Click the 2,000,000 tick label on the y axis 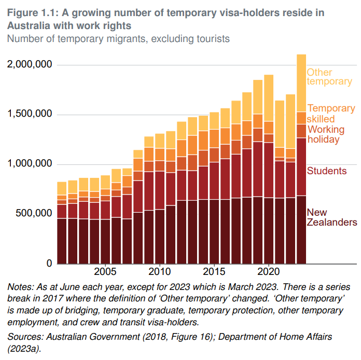[30, 64]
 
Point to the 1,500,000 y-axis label [30, 114]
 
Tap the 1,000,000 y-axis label [30, 164]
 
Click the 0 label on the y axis [49, 264]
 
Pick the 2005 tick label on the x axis [105, 272]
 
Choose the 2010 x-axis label [159, 272]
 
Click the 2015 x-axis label [214, 272]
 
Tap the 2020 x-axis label [268, 272]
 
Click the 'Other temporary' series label [329, 77]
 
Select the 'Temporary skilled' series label [331, 114]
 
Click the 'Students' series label [327, 171]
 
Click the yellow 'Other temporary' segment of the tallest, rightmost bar [301, 83]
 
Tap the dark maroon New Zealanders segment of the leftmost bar [62, 241]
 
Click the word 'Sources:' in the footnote [25, 337]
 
